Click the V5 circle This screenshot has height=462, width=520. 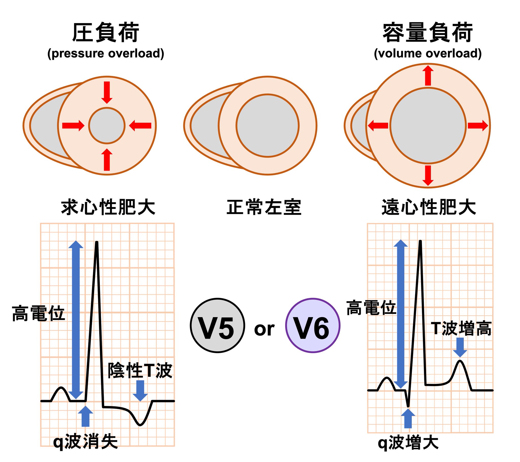(218, 325)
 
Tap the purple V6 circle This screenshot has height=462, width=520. (313, 325)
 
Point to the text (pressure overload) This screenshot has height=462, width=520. (106, 53)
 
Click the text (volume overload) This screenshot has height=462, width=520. (428, 53)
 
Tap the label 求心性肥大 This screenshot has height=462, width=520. (108, 208)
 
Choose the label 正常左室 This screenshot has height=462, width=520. (264, 208)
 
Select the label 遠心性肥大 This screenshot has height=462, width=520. (429, 208)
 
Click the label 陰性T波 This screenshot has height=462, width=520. (140, 371)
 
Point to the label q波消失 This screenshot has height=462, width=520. (86, 442)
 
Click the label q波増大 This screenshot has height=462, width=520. (408, 443)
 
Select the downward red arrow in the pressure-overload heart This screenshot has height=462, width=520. (107, 92)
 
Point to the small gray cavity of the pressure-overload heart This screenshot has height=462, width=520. (107, 126)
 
